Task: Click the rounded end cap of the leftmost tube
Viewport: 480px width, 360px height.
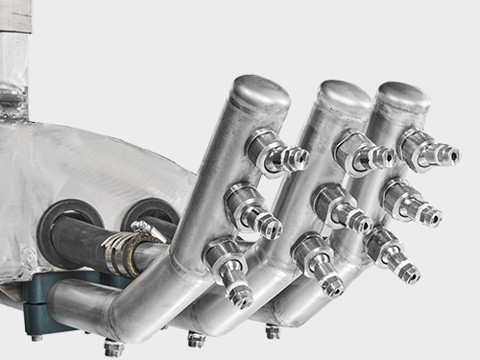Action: point(261,92)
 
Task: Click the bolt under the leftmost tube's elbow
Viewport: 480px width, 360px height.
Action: point(114,348)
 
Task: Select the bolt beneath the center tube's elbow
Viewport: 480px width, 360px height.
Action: point(196,339)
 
